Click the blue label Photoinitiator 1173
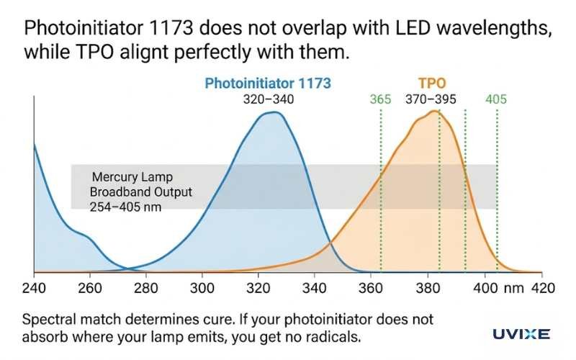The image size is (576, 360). tap(268, 83)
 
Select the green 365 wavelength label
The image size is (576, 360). tap(380, 99)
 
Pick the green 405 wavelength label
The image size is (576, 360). tap(496, 99)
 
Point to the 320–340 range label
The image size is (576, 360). tap(268, 99)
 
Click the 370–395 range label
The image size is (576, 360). tap(431, 99)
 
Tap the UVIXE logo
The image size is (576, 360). tap(521, 333)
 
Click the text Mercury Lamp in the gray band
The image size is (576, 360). tap(132, 177)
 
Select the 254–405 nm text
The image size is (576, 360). tap(125, 207)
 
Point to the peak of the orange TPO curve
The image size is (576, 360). tap(433, 111)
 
